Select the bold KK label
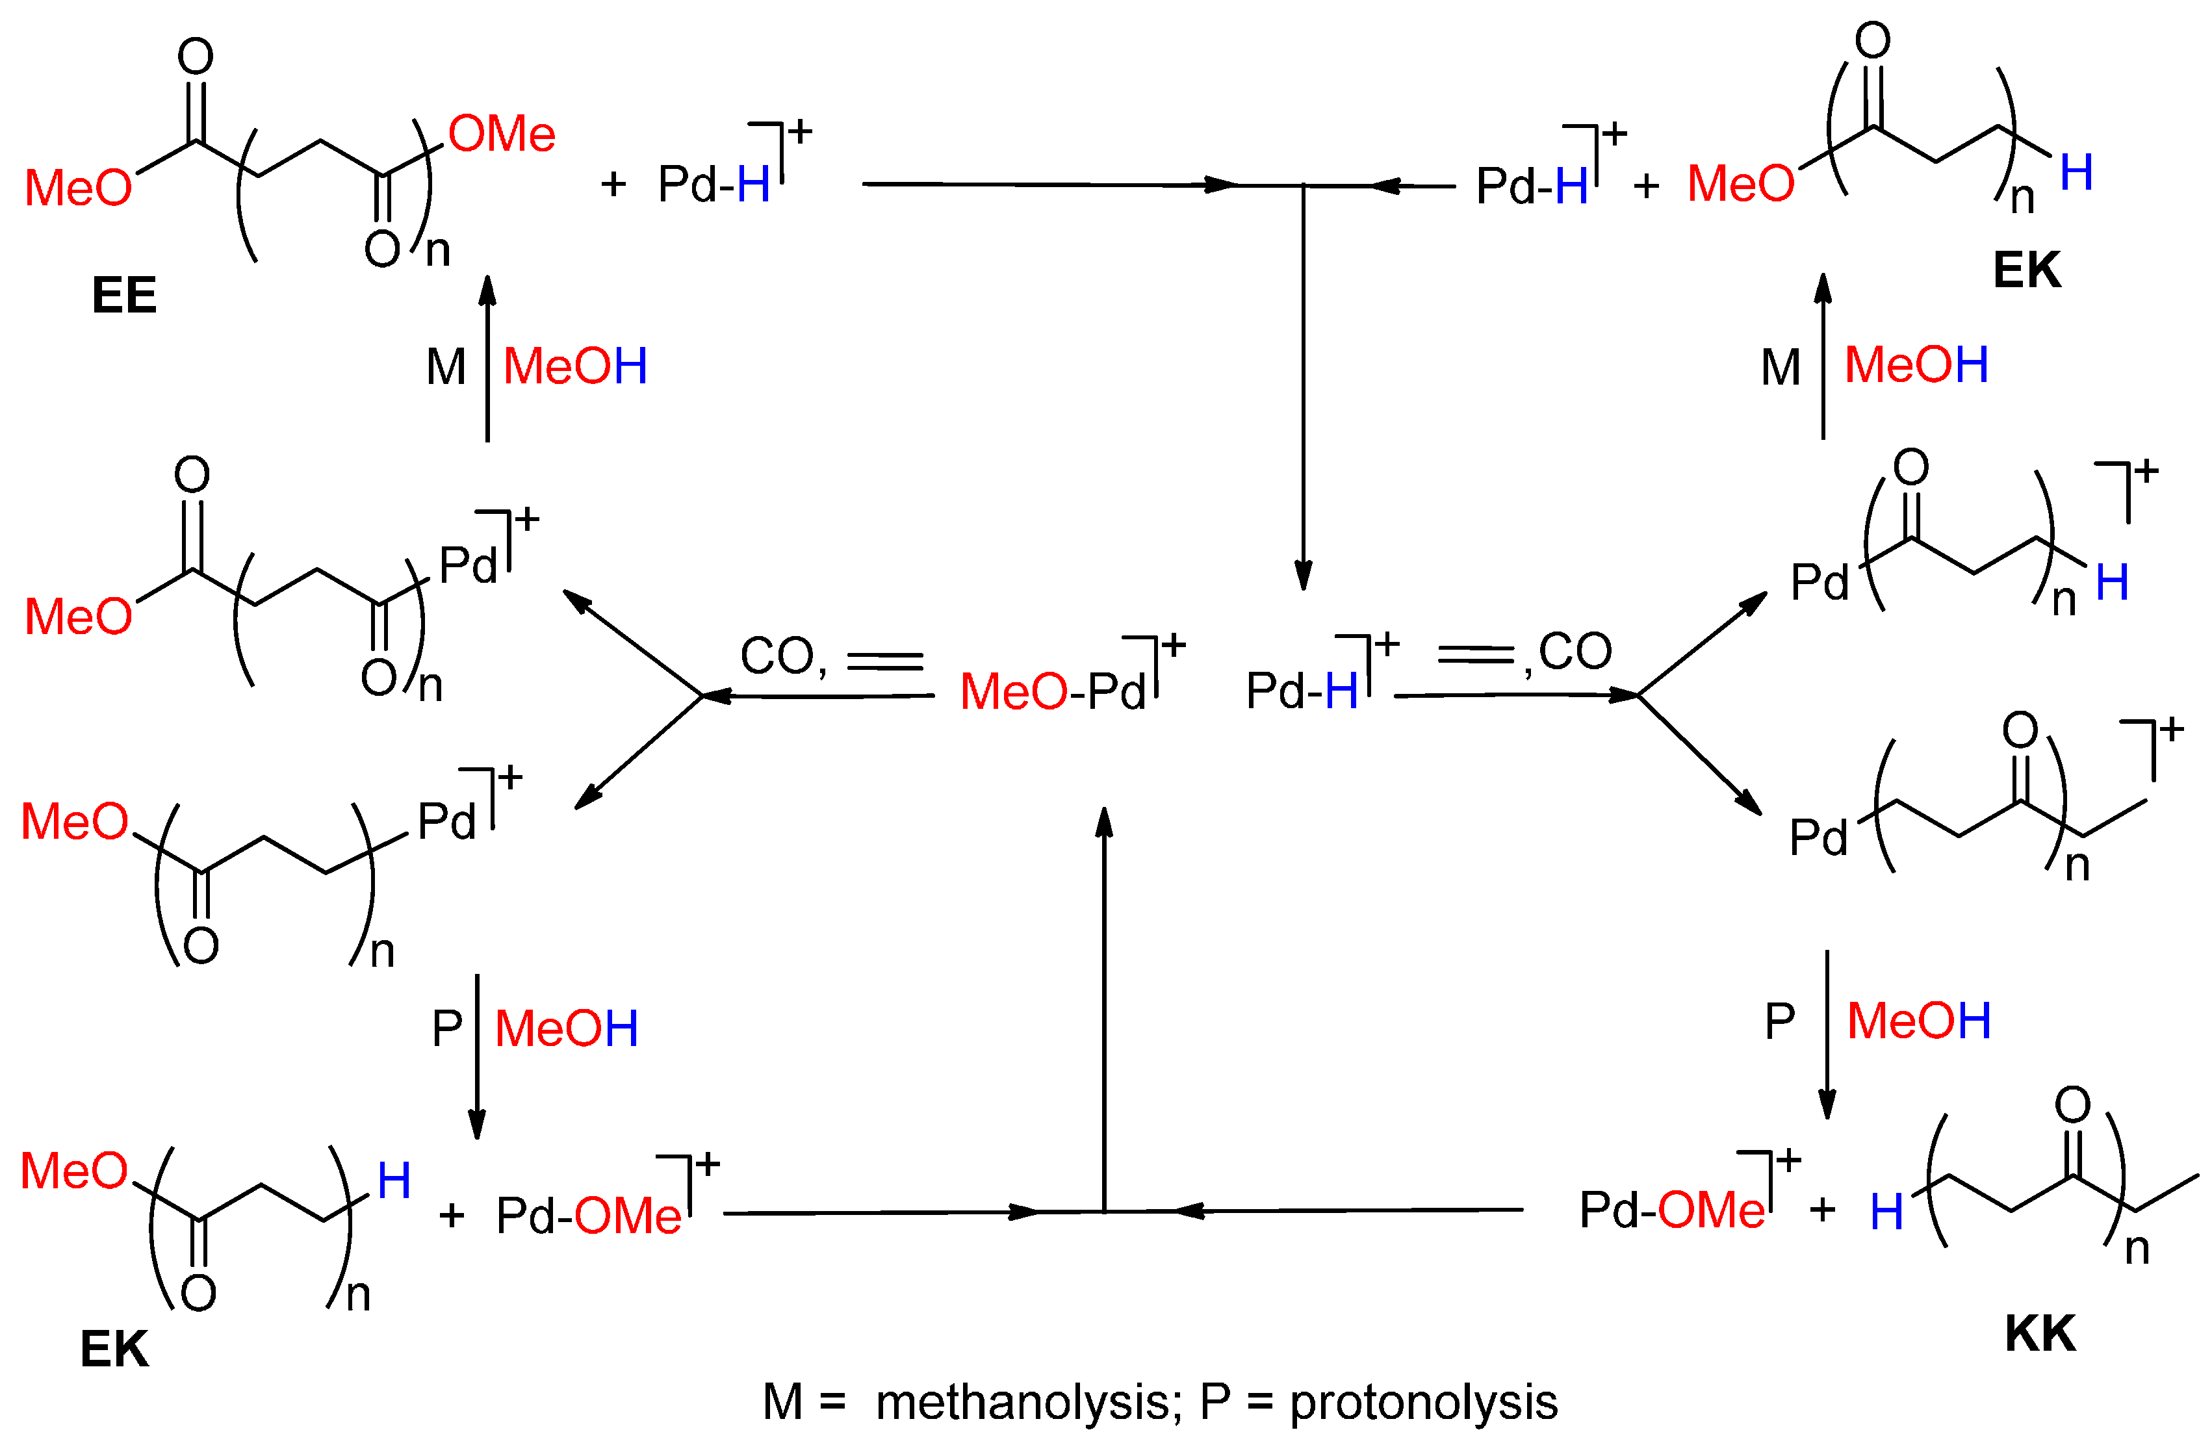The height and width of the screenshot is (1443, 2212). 2039,1334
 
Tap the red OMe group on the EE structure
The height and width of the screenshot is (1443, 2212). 502,134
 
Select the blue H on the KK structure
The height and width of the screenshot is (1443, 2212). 1886,1212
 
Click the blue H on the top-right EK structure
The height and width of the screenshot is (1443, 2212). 2076,173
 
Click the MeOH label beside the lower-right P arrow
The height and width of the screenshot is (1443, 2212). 1918,1021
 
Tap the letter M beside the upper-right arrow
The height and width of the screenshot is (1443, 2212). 1780,368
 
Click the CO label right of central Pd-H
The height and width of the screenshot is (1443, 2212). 1575,650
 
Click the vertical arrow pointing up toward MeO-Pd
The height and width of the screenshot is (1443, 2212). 1104,1004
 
